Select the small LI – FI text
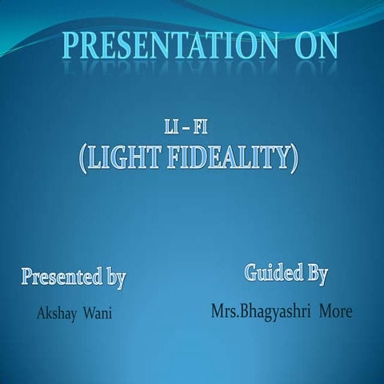click(183, 128)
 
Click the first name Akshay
click(55, 312)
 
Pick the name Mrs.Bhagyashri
click(261, 310)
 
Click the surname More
click(335, 310)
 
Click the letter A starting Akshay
click(42, 312)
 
